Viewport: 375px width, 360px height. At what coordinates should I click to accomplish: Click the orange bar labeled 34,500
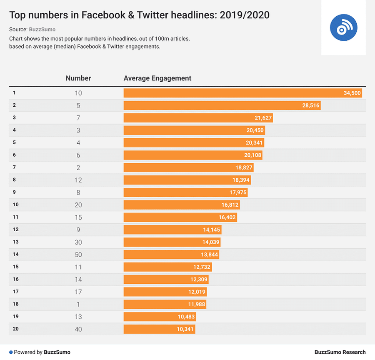242,93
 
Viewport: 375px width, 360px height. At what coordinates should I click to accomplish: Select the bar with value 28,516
222,105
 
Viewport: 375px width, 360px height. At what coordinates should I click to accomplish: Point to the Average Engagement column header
157,78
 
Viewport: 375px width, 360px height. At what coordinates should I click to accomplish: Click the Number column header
78,78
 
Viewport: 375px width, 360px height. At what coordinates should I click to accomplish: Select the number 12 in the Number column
78,180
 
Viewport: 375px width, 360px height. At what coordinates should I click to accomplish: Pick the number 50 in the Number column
78,255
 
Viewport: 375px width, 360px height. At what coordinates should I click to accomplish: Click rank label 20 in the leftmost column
16,329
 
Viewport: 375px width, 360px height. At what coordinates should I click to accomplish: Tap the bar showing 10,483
160,317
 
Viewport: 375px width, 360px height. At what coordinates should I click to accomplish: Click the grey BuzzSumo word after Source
42,30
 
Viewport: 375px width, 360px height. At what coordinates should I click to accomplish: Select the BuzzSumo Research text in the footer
340,352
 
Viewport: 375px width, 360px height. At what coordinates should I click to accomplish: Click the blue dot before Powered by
11,352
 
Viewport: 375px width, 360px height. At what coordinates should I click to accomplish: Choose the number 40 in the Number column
78,329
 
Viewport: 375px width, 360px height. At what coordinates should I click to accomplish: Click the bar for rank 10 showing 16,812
181,205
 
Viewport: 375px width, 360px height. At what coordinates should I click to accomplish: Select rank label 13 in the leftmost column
16,242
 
